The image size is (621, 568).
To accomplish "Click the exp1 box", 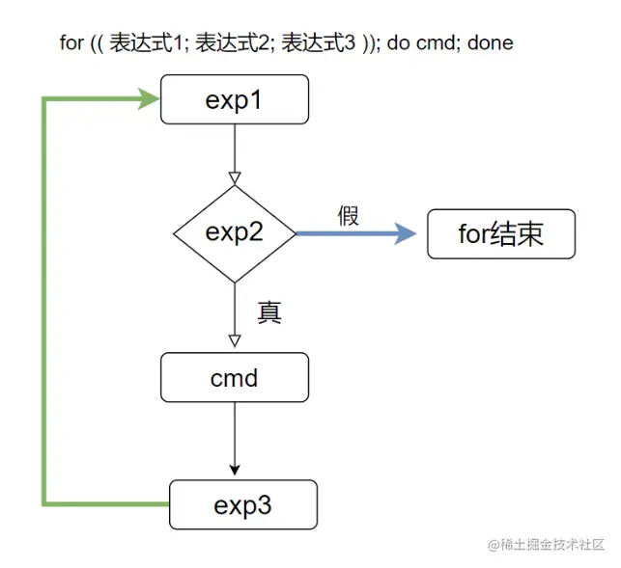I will [234, 100].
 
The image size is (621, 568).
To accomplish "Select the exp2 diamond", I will [234, 232].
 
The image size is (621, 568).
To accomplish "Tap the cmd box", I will [234, 377].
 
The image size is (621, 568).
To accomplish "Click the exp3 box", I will [242, 504].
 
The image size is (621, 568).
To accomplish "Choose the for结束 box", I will [500, 233].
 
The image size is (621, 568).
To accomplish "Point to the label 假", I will [348, 215].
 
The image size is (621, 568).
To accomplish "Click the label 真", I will [269, 312].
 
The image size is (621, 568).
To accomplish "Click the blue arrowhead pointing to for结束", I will [406, 233].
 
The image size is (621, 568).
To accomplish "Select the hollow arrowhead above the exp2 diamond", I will [234, 177].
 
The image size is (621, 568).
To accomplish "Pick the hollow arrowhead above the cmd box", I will [234, 340].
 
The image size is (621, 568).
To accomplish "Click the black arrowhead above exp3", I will [234, 469].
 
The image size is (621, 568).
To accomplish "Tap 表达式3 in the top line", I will [320, 42].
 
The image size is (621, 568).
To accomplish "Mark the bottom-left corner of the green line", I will [44, 503].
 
